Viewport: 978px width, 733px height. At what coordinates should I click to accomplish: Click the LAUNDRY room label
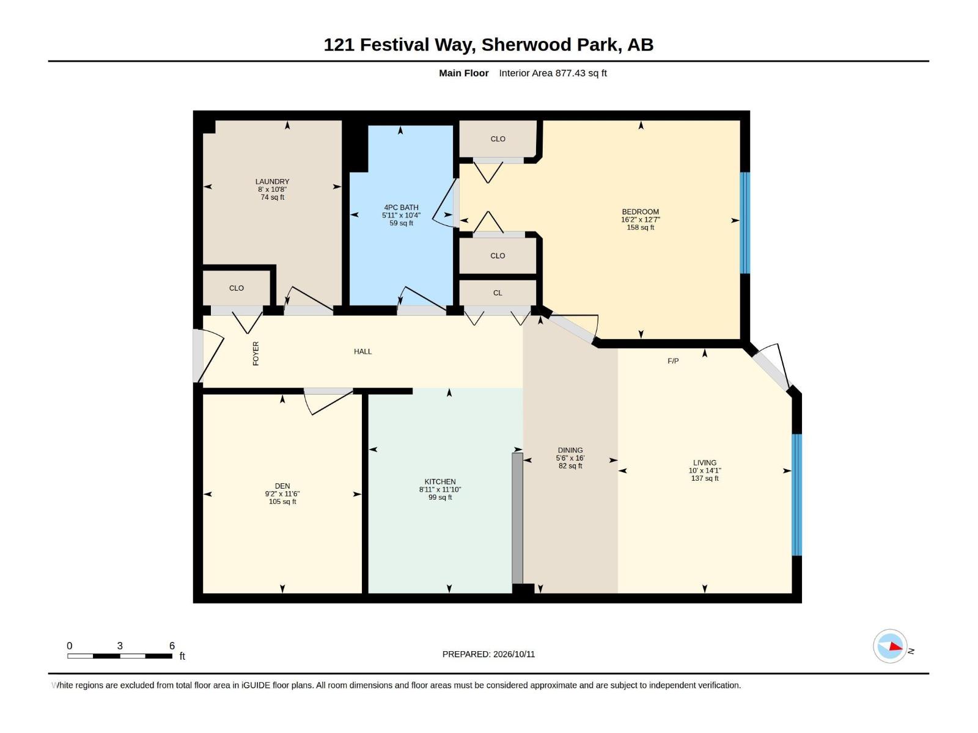[272, 181]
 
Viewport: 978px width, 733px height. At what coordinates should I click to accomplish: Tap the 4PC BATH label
[401, 208]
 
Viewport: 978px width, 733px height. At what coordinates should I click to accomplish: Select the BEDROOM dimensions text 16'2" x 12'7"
[640, 219]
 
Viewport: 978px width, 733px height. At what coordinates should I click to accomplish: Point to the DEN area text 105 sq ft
[282, 501]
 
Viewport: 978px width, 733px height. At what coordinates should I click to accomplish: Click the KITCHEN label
[439, 481]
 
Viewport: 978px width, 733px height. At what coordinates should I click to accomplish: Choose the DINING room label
[570, 450]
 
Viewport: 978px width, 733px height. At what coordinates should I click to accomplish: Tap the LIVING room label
[704, 462]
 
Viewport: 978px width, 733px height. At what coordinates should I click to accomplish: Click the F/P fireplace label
[673, 361]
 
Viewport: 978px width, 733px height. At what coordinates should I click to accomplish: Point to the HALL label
[362, 351]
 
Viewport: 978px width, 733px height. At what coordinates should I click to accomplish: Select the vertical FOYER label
[256, 354]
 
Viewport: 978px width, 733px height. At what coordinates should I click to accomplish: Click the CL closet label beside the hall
[498, 293]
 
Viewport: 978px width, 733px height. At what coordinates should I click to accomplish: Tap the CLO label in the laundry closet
[236, 288]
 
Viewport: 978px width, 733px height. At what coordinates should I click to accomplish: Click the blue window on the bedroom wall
[745, 222]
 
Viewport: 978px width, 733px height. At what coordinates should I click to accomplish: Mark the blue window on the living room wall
[796, 494]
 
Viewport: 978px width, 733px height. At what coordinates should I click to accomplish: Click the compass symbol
[890, 646]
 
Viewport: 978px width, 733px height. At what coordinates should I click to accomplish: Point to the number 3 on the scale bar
[120, 645]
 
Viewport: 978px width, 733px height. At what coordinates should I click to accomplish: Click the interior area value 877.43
[570, 73]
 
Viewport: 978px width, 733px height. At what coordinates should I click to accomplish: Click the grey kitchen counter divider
[517, 518]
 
